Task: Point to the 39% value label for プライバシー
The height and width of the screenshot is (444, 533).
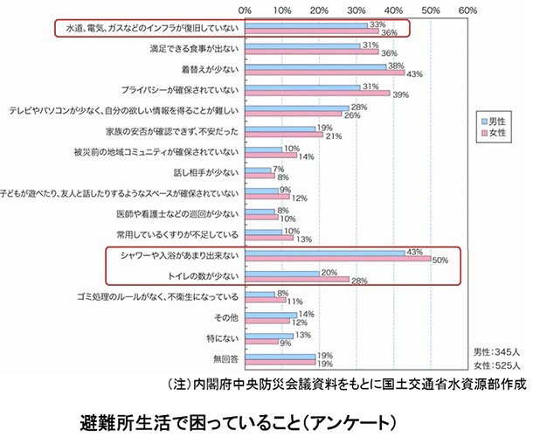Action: (402, 94)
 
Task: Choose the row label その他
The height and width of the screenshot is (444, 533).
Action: (226, 315)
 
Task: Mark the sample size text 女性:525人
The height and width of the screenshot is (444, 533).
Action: (496, 364)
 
